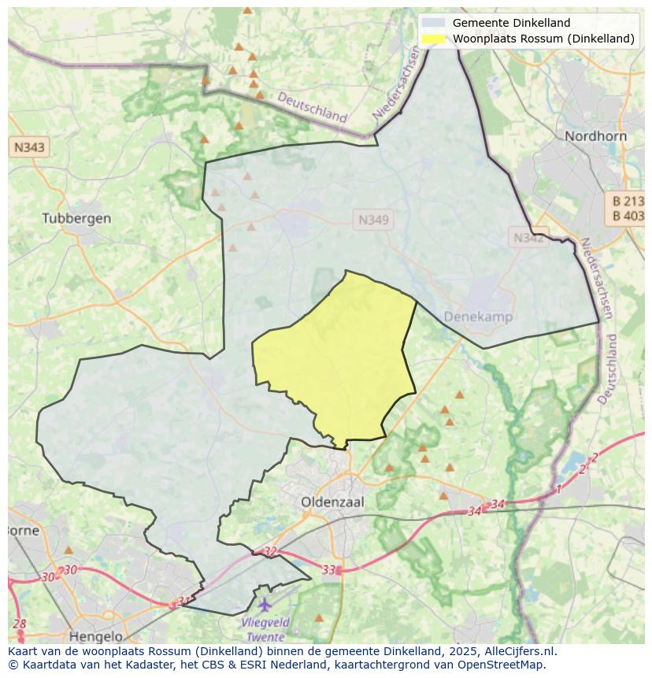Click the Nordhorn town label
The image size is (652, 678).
pos(595,136)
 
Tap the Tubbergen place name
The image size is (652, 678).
pos(76,218)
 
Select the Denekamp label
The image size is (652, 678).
pos(478,317)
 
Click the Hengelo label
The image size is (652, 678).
pos(96,635)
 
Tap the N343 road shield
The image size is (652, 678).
pos(29,147)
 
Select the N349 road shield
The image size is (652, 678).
pos(373,220)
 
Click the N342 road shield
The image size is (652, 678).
pos(528,237)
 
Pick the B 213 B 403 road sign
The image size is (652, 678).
pos(628,209)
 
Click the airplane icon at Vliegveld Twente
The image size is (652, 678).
pos(265,605)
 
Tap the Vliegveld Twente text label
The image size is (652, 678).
pos(266,629)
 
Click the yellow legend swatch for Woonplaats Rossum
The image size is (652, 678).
pos(433,39)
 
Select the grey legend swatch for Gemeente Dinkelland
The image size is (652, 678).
pos(433,23)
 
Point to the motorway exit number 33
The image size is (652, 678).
pos(329,569)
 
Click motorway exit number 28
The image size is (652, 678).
pos(20,624)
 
